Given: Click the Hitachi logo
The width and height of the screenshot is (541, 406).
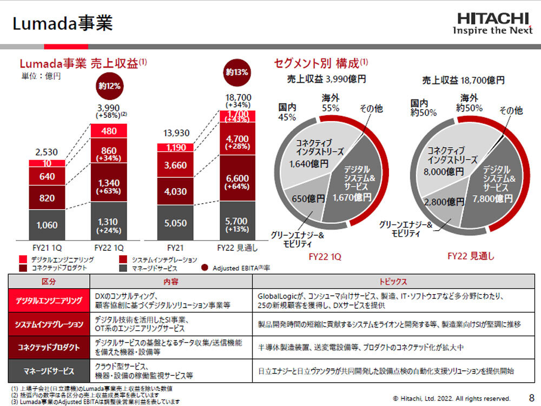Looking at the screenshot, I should click(x=492, y=23).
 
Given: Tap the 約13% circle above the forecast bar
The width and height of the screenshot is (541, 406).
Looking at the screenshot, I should click(x=237, y=72).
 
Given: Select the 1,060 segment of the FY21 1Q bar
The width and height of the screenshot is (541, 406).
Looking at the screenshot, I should click(x=47, y=225).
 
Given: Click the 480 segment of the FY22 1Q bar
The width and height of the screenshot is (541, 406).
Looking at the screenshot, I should click(x=109, y=131).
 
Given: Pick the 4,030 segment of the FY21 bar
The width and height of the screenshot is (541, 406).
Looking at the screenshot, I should click(x=175, y=191).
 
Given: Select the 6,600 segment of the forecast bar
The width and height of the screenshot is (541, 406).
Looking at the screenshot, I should click(x=237, y=179).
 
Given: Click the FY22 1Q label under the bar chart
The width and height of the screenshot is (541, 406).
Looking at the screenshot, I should click(x=109, y=249).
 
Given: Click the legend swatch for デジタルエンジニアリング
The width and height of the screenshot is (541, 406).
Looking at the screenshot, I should click(x=22, y=260).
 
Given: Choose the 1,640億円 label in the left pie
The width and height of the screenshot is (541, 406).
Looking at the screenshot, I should click(x=309, y=164).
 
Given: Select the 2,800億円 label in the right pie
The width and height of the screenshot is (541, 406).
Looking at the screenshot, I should click(x=444, y=202).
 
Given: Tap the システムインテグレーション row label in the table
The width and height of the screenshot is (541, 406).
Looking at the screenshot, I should click(x=49, y=324).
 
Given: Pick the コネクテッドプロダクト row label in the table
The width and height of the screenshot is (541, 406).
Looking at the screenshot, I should click(x=49, y=348).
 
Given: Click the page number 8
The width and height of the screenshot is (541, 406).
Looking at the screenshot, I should click(x=531, y=397).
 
